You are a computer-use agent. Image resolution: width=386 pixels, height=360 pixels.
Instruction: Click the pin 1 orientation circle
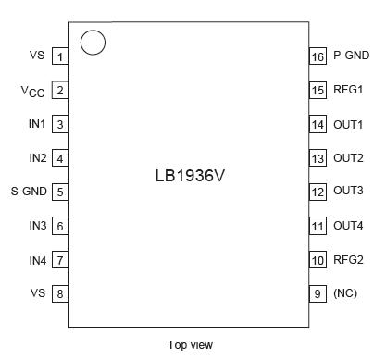tap(93, 43)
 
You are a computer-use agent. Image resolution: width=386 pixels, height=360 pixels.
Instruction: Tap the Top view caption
tap(190, 345)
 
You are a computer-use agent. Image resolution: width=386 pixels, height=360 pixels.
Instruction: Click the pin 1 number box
tap(60, 56)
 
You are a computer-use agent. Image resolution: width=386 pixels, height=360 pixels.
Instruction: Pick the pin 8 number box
tap(60, 294)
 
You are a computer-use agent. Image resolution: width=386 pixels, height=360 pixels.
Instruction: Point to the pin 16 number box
tap(318, 56)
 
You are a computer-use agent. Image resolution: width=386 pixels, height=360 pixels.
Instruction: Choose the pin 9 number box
tap(318, 294)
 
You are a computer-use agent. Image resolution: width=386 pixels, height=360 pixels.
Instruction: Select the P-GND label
tap(351, 56)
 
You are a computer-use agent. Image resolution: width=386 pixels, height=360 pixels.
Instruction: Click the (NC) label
tap(345, 294)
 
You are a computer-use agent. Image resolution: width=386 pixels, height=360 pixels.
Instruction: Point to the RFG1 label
tap(348, 90)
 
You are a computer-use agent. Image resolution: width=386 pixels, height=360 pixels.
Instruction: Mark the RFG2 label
tap(348, 260)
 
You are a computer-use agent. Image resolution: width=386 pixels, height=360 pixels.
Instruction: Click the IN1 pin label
tap(37, 124)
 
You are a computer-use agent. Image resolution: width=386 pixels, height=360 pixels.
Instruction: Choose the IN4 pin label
tap(37, 260)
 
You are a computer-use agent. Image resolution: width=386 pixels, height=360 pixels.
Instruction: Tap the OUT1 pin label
tap(348, 124)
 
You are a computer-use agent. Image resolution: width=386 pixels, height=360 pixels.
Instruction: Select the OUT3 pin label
tap(348, 192)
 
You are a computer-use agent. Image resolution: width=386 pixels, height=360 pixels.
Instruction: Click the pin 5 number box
tap(60, 192)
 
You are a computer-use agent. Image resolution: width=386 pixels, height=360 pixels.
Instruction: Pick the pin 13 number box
tap(318, 158)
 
